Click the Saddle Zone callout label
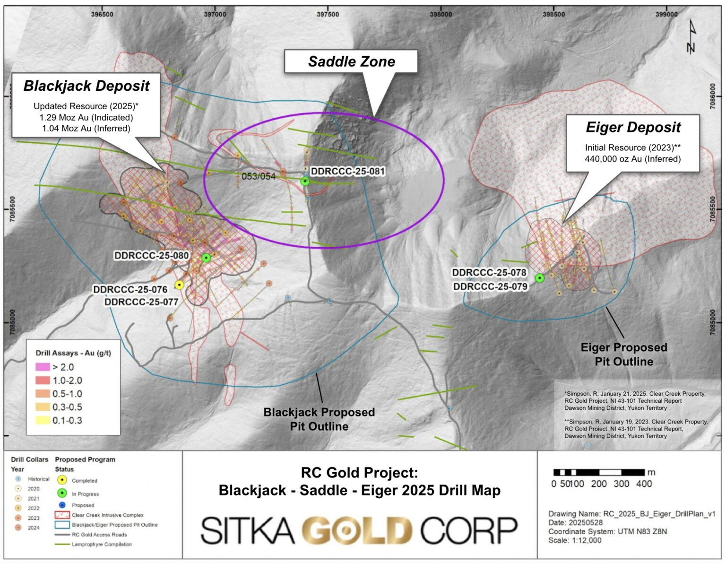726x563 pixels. pyautogui.click(x=351, y=61)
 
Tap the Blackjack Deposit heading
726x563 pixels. pyautogui.click(x=86, y=86)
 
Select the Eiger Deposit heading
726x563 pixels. pyautogui.click(x=633, y=127)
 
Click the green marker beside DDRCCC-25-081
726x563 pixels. pyautogui.click(x=305, y=181)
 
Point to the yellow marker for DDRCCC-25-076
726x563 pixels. pyautogui.click(x=179, y=285)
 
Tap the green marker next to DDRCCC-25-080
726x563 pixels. pyautogui.click(x=206, y=258)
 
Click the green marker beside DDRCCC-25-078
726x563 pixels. pyautogui.click(x=539, y=278)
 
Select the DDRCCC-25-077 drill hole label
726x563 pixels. pyautogui.click(x=141, y=302)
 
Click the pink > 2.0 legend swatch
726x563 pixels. pyautogui.click(x=43, y=367)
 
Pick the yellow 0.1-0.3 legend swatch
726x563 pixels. pyautogui.click(x=43, y=420)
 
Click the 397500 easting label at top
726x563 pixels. pyautogui.click(x=328, y=14)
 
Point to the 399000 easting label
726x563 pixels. pyautogui.click(x=666, y=14)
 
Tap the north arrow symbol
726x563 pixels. pyautogui.click(x=691, y=36)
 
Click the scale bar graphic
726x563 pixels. pyautogui.click(x=599, y=472)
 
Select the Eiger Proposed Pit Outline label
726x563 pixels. pyautogui.click(x=623, y=355)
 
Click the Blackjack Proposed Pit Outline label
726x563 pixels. pyautogui.click(x=319, y=419)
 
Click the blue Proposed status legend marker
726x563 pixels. pyautogui.click(x=62, y=505)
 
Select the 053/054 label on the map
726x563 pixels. pyautogui.click(x=259, y=176)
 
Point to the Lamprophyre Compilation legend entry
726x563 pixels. pyautogui.click(x=102, y=544)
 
